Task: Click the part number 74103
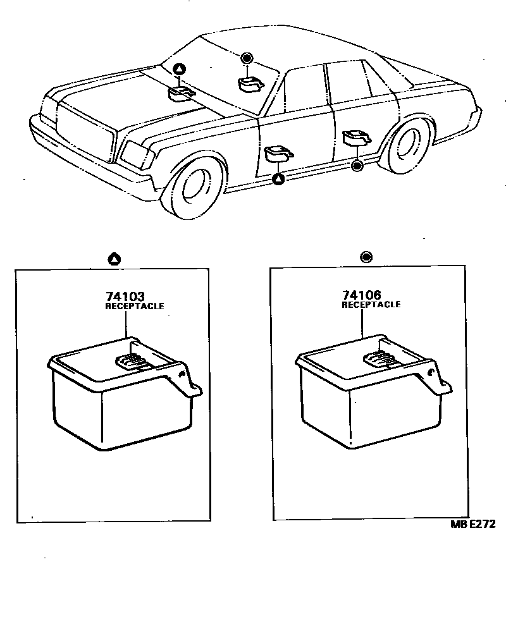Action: pyautogui.click(x=125, y=297)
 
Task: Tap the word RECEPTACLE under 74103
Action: pyautogui.click(x=134, y=306)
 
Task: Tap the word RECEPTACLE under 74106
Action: pyautogui.click(x=371, y=305)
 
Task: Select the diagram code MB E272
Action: pyautogui.click(x=473, y=524)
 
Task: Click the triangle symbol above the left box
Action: pyautogui.click(x=114, y=258)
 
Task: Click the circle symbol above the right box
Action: pyautogui.click(x=366, y=257)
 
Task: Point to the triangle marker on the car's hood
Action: pyautogui.click(x=180, y=69)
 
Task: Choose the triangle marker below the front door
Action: pyautogui.click(x=278, y=180)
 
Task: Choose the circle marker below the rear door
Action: pyautogui.click(x=357, y=166)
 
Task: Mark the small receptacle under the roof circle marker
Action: pyautogui.click(x=250, y=83)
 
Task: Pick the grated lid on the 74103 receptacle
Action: pyautogui.click(x=132, y=362)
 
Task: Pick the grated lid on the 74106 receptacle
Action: pyautogui.click(x=380, y=360)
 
